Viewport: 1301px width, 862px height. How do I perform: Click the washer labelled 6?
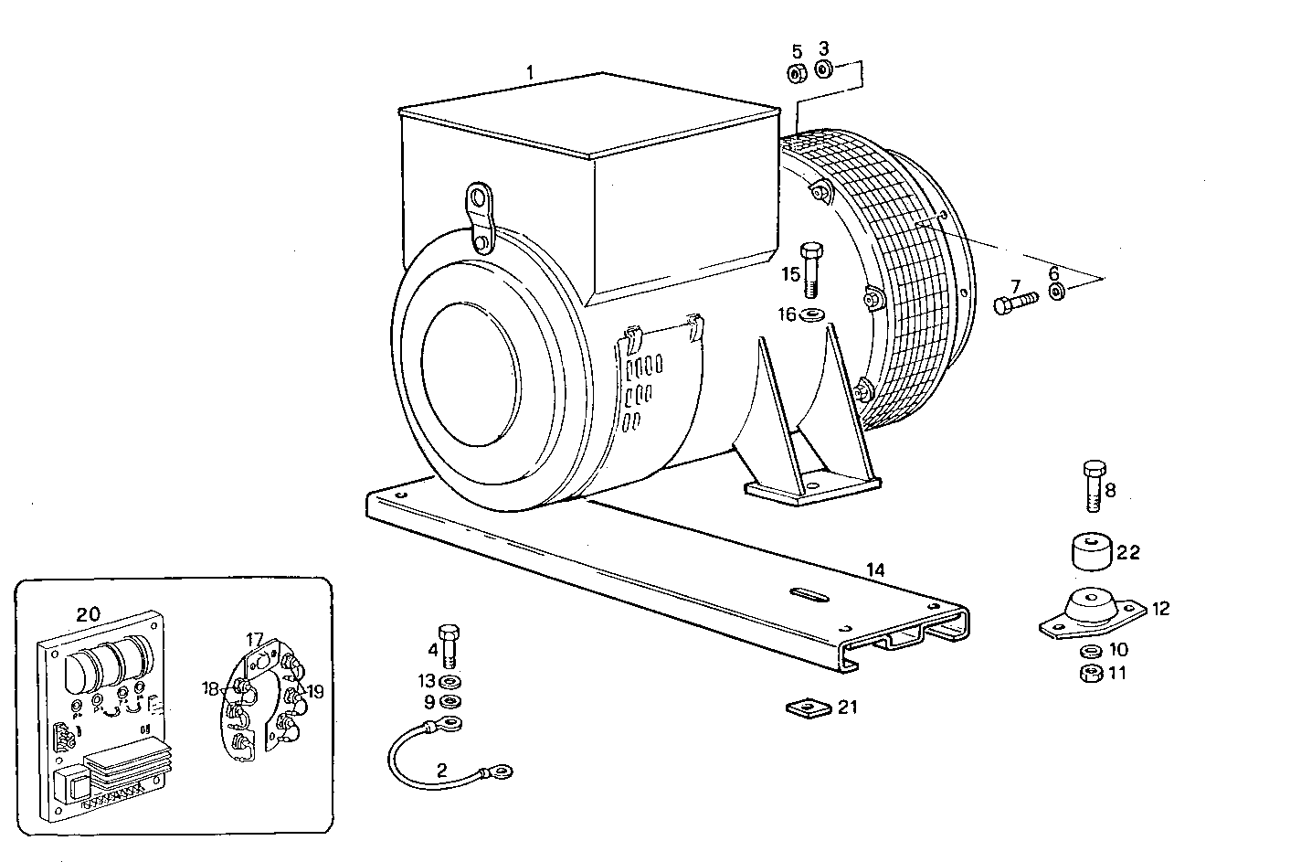click(x=1056, y=292)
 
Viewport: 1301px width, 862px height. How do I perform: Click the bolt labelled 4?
click(x=448, y=644)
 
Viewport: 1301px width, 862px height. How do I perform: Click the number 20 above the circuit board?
click(x=88, y=614)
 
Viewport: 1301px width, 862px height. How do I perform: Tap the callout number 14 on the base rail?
click(x=875, y=570)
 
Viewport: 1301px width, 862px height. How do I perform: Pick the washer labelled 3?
click(x=823, y=69)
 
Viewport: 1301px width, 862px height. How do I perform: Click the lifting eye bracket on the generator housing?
click(x=479, y=218)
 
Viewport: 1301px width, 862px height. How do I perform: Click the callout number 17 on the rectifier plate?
click(x=255, y=638)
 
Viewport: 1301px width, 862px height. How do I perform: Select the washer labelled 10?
click(x=1089, y=651)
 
